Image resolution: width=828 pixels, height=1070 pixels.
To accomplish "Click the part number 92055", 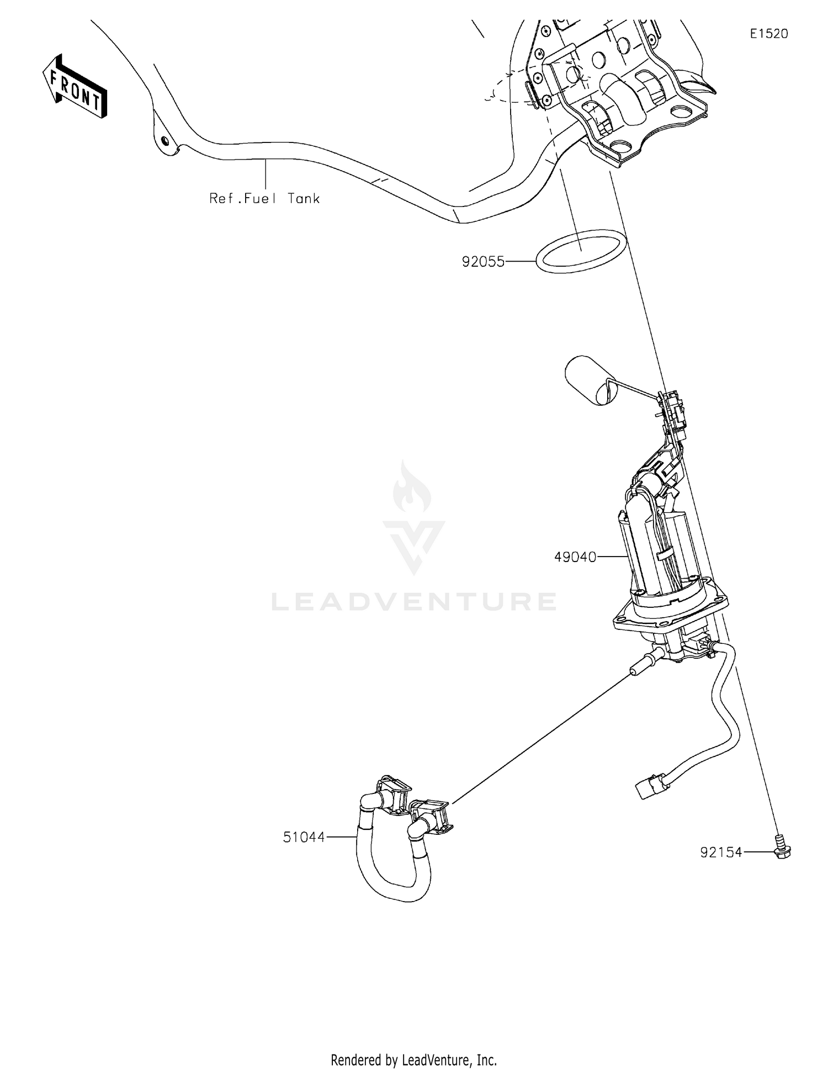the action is tap(483, 262).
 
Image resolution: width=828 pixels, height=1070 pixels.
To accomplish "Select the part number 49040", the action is tap(575, 557).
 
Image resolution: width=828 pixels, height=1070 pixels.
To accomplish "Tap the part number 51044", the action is tap(304, 837).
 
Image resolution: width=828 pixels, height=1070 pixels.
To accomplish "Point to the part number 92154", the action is tap(721, 852).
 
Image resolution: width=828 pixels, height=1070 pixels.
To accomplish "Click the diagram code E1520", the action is tap(768, 34).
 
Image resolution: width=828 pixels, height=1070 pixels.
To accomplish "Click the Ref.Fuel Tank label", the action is tap(264, 198).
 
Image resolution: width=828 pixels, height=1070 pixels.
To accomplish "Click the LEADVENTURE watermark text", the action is tap(413, 602).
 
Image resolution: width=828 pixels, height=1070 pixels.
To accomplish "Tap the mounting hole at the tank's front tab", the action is tap(164, 140).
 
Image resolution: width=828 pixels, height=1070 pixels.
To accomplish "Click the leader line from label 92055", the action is tap(521, 262).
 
